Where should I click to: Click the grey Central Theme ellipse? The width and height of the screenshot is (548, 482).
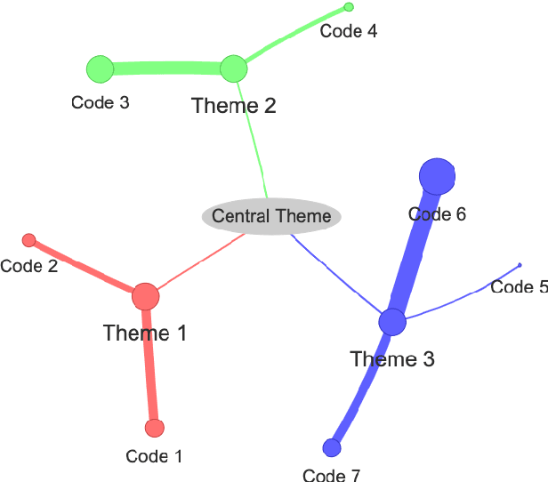tap(271, 216)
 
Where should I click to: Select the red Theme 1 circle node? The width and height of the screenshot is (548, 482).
tap(145, 297)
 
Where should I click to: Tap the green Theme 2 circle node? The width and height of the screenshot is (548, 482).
tap(233, 68)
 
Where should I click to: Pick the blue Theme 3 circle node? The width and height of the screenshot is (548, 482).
tap(392, 322)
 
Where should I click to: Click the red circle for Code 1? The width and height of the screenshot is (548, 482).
tap(155, 429)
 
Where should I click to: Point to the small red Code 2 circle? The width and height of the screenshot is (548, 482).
tap(28, 240)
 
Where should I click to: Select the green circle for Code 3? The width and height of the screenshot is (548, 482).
tap(100, 68)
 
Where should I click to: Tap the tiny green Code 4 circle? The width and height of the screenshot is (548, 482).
tap(349, 7)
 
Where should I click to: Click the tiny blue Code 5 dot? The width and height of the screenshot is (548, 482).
tap(520, 265)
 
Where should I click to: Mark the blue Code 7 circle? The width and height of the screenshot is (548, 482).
tap(332, 446)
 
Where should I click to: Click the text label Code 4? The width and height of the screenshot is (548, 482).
tap(348, 32)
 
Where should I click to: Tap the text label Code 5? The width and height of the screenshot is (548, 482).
tap(519, 287)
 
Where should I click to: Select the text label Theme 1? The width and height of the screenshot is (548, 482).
tap(145, 333)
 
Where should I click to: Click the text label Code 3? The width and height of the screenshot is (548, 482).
tap(101, 103)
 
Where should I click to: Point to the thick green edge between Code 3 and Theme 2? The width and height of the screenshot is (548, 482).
tap(166, 68)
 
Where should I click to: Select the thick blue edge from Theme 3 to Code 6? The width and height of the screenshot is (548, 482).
tap(415, 248)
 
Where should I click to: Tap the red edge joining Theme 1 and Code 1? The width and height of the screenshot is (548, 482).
tap(150, 365)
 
